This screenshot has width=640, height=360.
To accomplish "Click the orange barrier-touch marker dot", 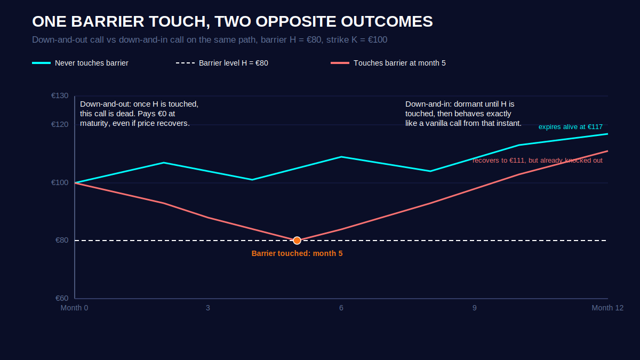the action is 297,241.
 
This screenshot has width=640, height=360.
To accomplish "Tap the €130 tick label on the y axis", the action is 60,95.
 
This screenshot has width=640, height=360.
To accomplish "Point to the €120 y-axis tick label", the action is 60,125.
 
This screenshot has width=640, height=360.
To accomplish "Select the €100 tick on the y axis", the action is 60,182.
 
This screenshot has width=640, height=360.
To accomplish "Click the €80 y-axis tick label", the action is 62,241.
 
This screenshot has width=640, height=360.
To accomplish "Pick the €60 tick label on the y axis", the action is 62,298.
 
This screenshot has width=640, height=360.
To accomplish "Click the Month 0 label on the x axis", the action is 74,308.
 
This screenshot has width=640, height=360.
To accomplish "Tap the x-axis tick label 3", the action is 207,308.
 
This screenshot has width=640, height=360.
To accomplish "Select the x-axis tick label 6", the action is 341,308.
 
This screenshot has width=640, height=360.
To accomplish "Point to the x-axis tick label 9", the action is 474,308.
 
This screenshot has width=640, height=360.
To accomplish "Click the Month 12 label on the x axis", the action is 607,308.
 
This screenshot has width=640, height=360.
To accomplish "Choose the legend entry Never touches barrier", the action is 81,63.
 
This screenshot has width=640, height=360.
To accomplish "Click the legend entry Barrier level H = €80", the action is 222,63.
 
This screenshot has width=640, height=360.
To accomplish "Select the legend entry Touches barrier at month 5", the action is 388,63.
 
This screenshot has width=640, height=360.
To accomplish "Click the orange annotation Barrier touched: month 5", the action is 297,253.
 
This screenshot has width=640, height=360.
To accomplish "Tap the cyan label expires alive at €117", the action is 571,127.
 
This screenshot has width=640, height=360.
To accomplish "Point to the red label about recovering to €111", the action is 538,161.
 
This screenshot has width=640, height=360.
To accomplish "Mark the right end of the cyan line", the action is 607,134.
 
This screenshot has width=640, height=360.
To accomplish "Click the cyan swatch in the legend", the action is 41,63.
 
